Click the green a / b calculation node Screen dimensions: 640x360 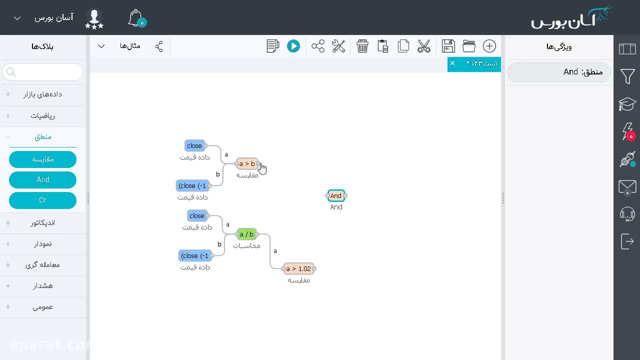[246, 234]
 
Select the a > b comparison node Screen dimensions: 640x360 [247, 163]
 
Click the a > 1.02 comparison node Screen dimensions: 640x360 [298, 268]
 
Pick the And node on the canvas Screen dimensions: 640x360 [336, 195]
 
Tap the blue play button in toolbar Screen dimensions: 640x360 [293, 46]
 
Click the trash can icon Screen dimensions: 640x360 [362, 46]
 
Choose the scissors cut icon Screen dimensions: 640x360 [424, 46]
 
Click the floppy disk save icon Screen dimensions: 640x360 [448, 46]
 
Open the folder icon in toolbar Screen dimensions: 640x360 [469, 46]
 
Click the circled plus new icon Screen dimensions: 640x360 [489, 46]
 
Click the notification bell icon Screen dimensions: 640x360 [137, 18]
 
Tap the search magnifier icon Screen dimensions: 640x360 [11, 72]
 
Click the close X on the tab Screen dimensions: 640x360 [452, 63]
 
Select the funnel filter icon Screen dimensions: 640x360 [627, 76]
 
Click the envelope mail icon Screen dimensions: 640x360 [627, 187]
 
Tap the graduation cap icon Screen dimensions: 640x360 [627, 104]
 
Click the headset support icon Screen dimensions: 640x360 [627, 214]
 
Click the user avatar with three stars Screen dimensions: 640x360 [94, 18]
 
